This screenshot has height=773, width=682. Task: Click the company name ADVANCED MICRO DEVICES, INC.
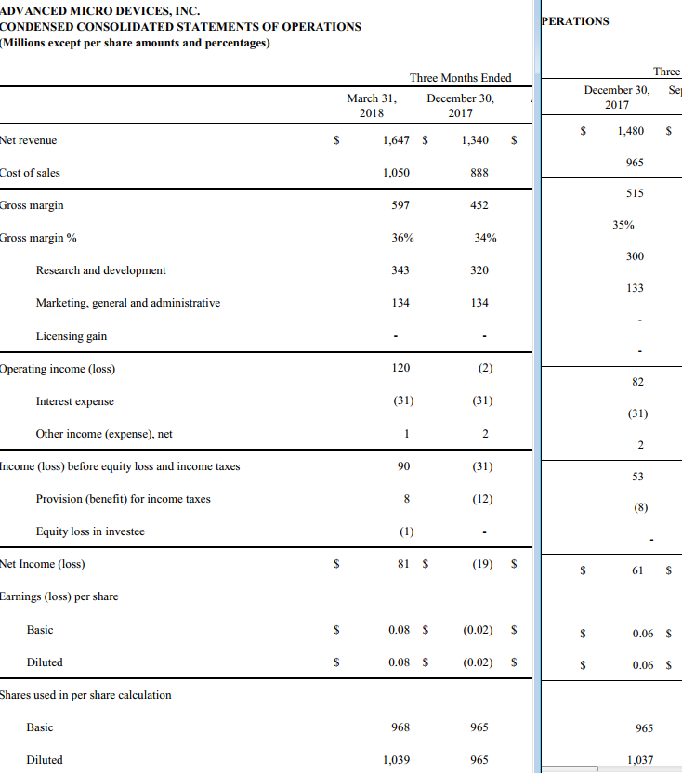[100, 10]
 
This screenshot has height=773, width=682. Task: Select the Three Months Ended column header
[460, 78]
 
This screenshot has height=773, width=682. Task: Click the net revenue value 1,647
[397, 140]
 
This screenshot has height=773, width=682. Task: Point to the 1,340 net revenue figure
[474, 140]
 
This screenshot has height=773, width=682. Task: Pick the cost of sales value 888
[479, 173]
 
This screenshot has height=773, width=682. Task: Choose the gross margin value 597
[400, 205]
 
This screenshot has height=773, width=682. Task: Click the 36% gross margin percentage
[402, 238]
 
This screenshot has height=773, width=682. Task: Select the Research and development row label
[100, 270]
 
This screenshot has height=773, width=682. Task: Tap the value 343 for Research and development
[400, 270]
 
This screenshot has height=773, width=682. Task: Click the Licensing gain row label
[72, 336]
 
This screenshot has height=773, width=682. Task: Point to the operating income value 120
[400, 368]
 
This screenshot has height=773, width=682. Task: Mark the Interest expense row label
[75, 401]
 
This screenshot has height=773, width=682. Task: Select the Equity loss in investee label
[90, 531]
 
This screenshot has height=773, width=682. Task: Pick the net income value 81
[403, 564]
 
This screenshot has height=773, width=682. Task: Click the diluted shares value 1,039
[397, 760]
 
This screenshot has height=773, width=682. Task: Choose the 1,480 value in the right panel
[630, 131]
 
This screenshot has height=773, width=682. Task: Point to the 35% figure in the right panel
[623, 225]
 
